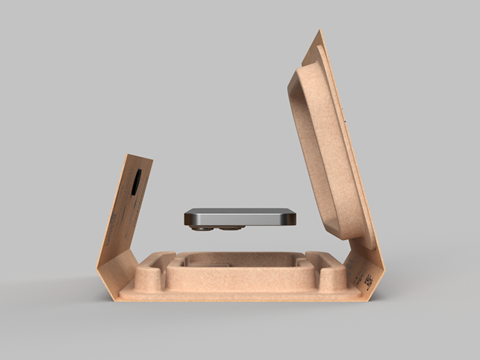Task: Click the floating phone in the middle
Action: point(240,216)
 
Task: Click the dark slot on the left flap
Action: point(134,182)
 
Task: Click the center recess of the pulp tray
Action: point(240,262)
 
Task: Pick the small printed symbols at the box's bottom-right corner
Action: point(368,280)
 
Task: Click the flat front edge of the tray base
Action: point(240,293)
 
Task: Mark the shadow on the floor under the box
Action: point(240,308)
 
